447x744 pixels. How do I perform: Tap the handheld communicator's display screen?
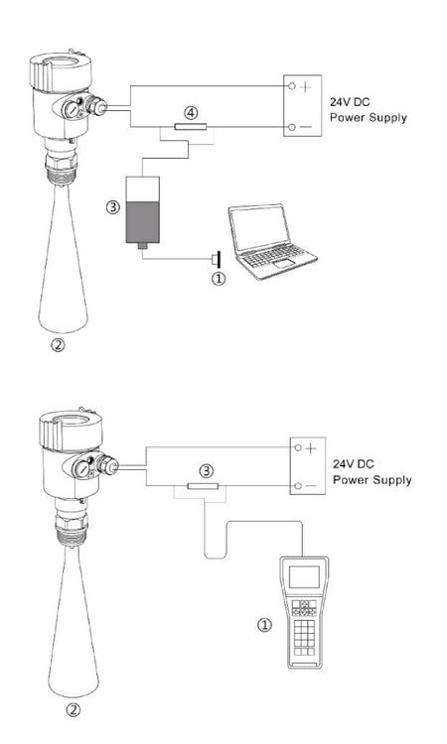pyautogui.click(x=305, y=576)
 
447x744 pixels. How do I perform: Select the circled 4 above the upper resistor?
pyautogui.click(x=191, y=113)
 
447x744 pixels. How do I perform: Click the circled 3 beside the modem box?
pyautogui.click(x=112, y=207)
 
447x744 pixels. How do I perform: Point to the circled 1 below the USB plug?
pyautogui.click(x=219, y=279)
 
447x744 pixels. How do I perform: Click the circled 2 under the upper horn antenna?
pyautogui.click(x=58, y=345)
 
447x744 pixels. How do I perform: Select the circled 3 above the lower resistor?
pyautogui.click(x=207, y=471)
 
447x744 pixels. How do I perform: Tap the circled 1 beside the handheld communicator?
pyautogui.click(x=264, y=625)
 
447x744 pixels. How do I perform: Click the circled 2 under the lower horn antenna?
pyautogui.click(x=73, y=710)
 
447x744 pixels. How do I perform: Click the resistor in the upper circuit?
pyautogui.click(x=191, y=127)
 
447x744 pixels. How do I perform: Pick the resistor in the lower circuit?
pyautogui.click(x=203, y=486)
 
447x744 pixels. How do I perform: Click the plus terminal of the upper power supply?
pyautogui.click(x=292, y=86)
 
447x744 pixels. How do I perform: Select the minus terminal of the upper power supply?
pyautogui.click(x=292, y=127)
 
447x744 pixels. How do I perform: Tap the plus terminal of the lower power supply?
pyautogui.click(x=298, y=447)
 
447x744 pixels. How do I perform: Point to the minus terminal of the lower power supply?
pyautogui.click(x=298, y=486)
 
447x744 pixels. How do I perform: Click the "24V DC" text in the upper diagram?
pyautogui.click(x=350, y=102)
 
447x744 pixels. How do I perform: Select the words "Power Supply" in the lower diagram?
pyautogui.click(x=372, y=480)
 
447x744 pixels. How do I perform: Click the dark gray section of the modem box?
pyautogui.click(x=142, y=222)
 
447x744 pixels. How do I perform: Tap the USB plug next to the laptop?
pyautogui.click(x=217, y=260)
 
